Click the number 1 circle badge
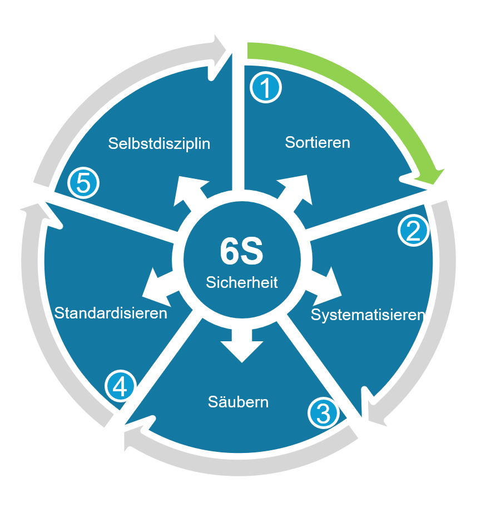click(x=266, y=87)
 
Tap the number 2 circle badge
click(x=414, y=231)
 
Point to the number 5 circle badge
click(x=83, y=183)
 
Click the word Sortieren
click(x=318, y=142)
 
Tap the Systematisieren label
click(x=368, y=315)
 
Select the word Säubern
click(x=238, y=401)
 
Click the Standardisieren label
click(x=111, y=313)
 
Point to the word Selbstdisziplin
click(x=159, y=143)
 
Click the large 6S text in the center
click(x=241, y=252)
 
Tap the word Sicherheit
click(x=241, y=282)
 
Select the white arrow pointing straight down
click(x=242, y=344)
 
